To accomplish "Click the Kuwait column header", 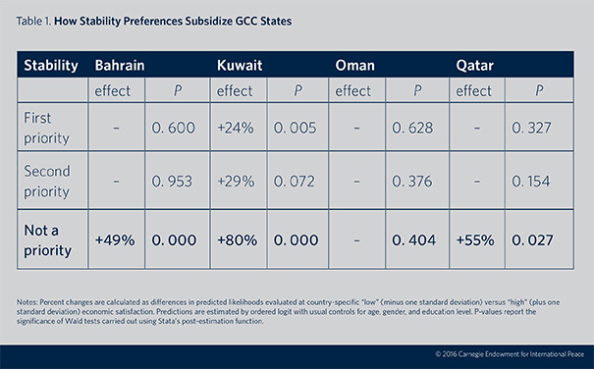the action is [x=240, y=66].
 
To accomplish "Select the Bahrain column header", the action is [x=120, y=66].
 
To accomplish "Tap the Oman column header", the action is [x=355, y=66].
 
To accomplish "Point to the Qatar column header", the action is [x=474, y=66].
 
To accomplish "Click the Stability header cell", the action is [x=51, y=66].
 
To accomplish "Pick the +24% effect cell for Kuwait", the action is [x=236, y=128].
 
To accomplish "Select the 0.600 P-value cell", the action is [x=174, y=128].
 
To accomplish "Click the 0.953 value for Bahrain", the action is [x=172, y=182].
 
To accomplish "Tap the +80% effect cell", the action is [x=238, y=240].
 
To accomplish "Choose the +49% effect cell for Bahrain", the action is [x=115, y=240].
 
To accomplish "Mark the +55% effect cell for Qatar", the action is [x=475, y=240].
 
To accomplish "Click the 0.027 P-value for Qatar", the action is [x=532, y=240].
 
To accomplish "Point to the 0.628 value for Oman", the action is [x=412, y=128].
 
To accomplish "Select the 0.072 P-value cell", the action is [x=295, y=182].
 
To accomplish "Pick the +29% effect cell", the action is [x=236, y=182].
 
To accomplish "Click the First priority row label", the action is [x=46, y=128].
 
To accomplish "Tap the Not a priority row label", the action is [x=48, y=240].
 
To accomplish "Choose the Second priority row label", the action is [x=47, y=182].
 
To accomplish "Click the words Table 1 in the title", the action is [x=33, y=21].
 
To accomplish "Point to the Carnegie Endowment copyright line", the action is [x=510, y=354].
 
